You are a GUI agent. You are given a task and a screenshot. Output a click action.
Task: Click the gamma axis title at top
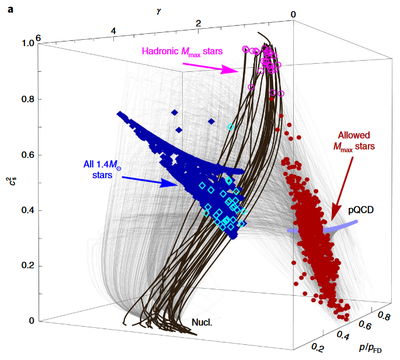point(158,12)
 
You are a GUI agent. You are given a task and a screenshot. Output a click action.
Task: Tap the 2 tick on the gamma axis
point(199,23)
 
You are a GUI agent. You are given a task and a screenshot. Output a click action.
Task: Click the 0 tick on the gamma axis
point(293,15)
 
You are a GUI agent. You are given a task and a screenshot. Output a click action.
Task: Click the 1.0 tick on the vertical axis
point(27,43)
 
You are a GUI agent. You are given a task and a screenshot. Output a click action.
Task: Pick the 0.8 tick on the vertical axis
point(27,99)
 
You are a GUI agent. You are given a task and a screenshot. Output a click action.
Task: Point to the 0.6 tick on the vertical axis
point(27,155)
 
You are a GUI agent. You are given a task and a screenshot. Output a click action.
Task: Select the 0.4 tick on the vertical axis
point(27,210)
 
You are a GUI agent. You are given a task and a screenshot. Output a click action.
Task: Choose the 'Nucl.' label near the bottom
point(203,322)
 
